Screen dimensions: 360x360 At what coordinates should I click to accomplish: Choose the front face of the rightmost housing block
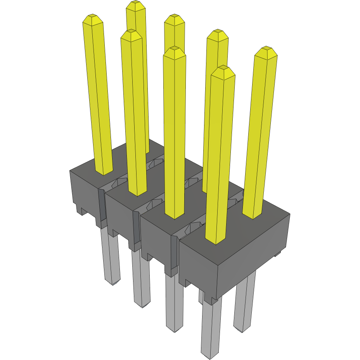tap(198, 268)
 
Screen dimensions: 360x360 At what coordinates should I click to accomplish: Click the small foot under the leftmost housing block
tap(82, 211)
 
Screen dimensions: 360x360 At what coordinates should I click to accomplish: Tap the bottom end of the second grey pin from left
tap(142, 305)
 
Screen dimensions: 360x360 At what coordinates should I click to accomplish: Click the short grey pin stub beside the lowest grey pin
tap(201, 296)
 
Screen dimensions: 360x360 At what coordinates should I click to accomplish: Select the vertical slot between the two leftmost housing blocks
tap(102, 206)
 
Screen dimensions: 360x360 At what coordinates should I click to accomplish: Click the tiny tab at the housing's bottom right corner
tap(278, 254)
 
